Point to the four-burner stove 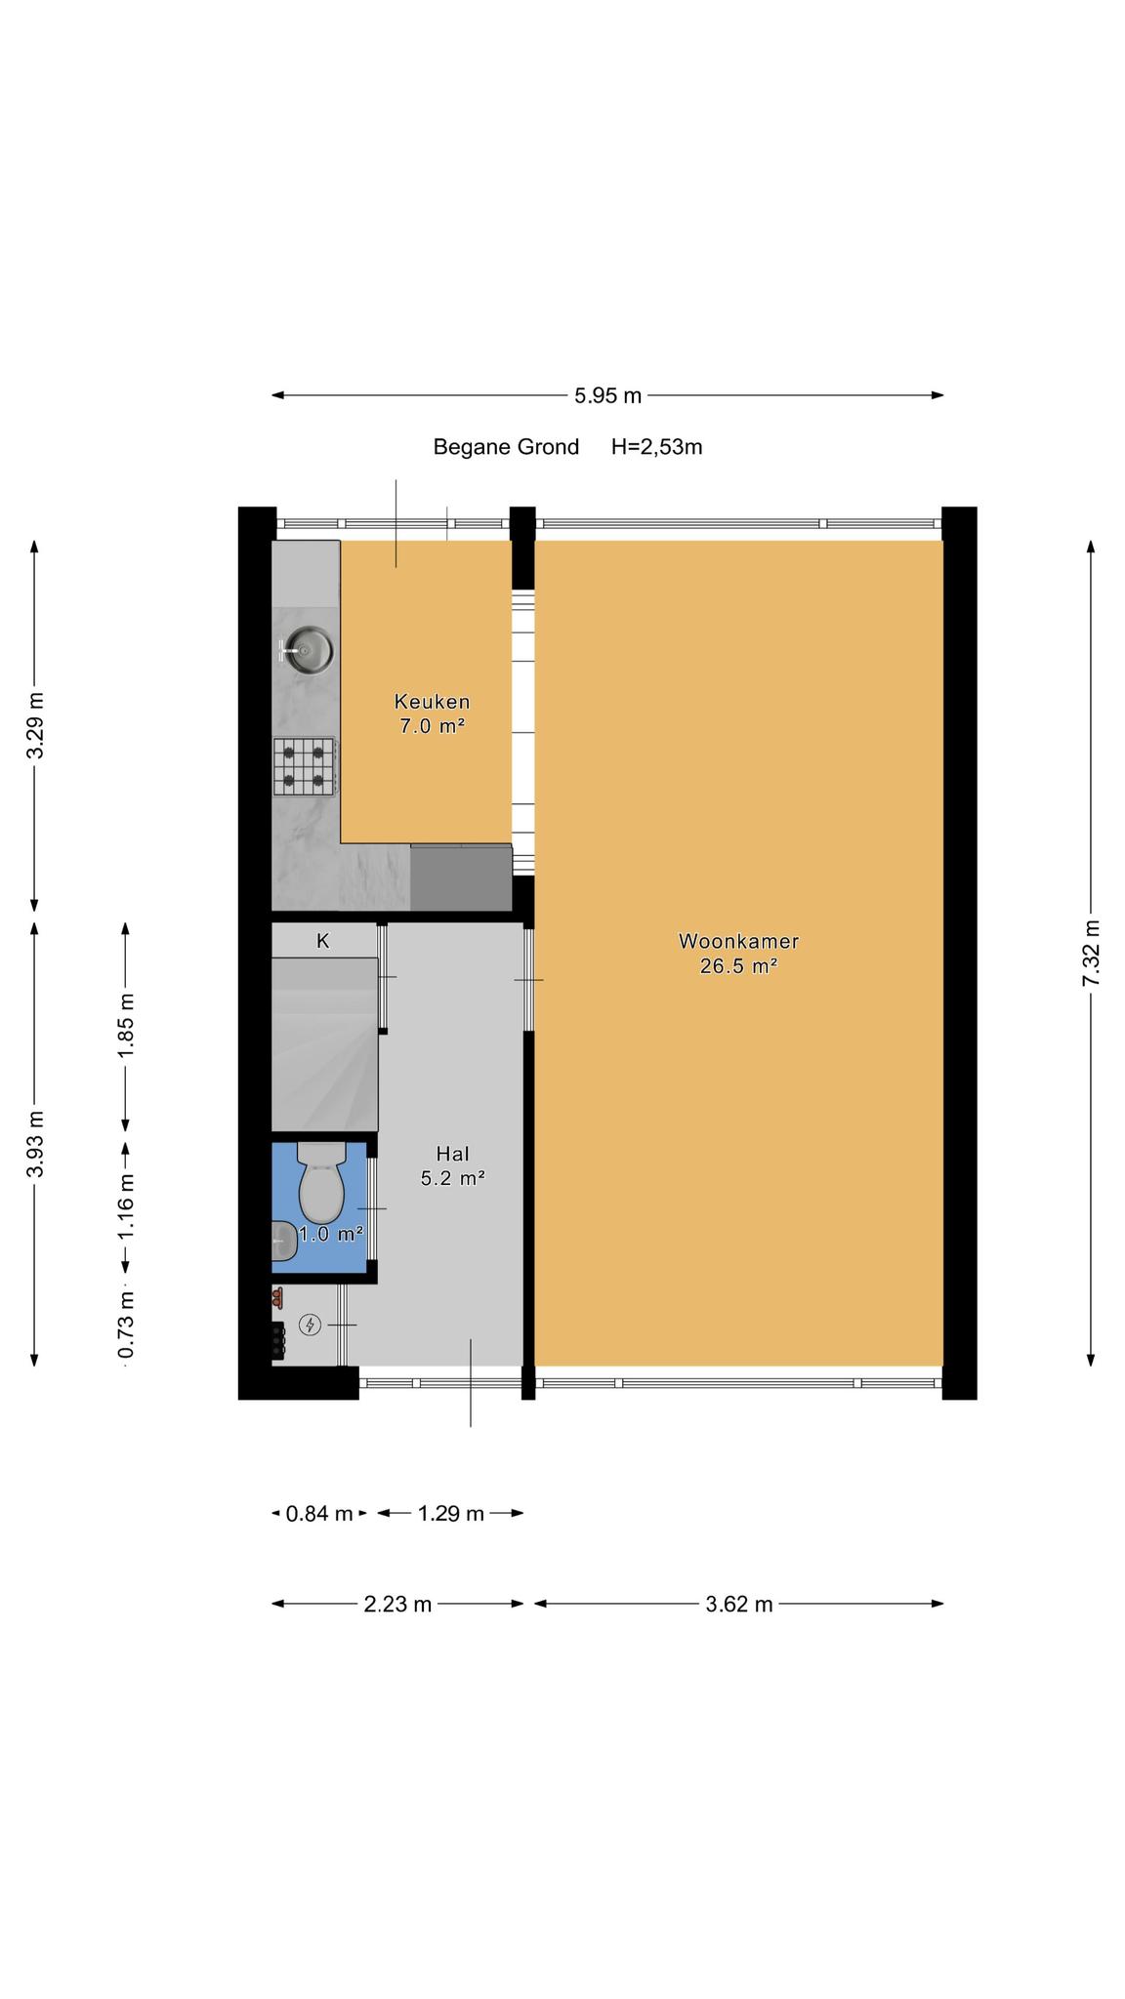306,766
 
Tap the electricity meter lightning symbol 311,1325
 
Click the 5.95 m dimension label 607,395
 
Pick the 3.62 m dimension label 739,1604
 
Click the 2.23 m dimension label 397,1604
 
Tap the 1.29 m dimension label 451,1514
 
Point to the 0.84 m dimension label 318,1514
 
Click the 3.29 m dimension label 35,724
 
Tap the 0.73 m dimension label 125,1324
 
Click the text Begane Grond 506,447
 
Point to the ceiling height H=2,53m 656,447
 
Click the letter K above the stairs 323,941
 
